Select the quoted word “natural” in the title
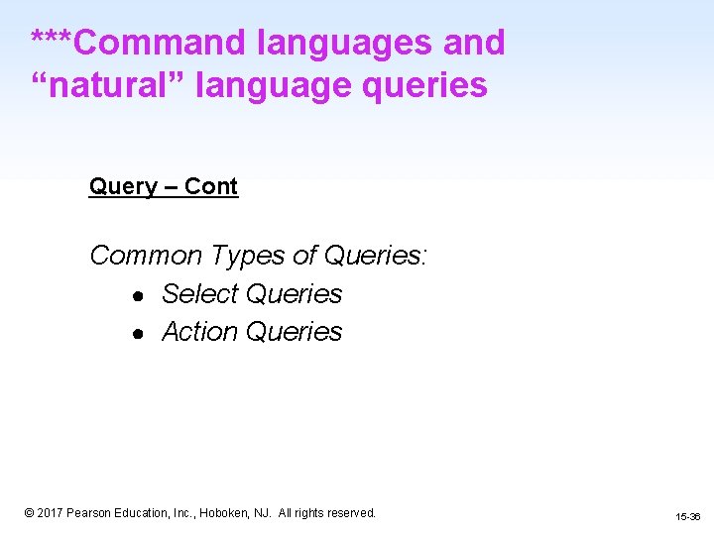pos(108,85)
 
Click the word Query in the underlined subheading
pos(123,187)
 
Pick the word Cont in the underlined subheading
pos(211,187)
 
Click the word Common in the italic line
pos(146,256)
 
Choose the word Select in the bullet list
pos(200,294)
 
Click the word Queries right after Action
pos(294,332)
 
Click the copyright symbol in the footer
pos(29,513)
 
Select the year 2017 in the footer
pos(51,513)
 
